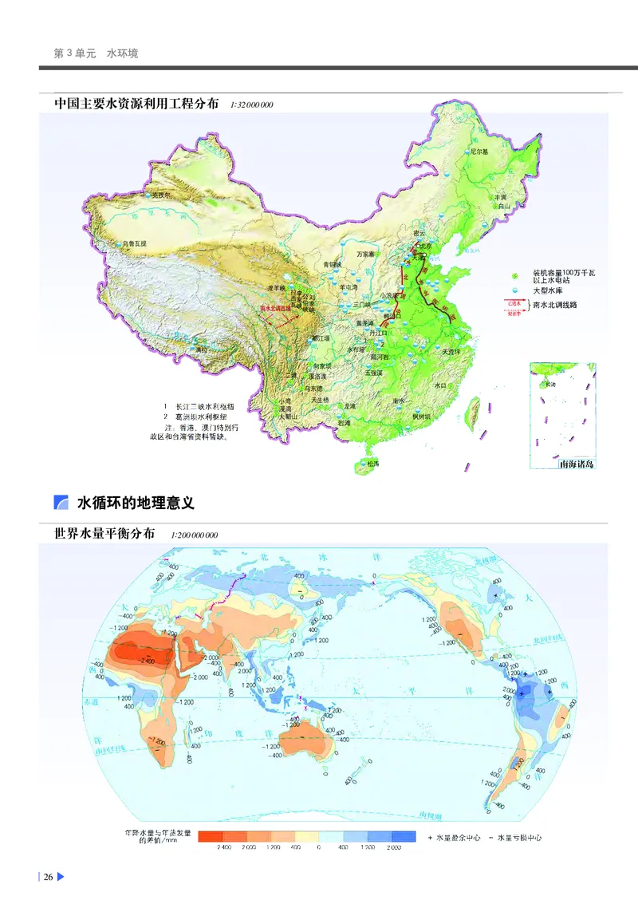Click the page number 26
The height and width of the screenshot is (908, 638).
48,878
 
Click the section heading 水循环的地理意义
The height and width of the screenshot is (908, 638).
136,503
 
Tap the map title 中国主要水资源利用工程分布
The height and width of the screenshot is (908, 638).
136,105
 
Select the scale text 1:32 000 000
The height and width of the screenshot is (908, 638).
251,105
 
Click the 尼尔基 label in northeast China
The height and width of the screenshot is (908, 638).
478,151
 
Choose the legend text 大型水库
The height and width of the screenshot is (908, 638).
548,290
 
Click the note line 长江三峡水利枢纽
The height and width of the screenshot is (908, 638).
208,407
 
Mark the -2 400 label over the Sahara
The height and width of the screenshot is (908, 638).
124,659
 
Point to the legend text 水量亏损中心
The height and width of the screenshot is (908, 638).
516,838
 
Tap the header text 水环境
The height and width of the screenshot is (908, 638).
122,53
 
